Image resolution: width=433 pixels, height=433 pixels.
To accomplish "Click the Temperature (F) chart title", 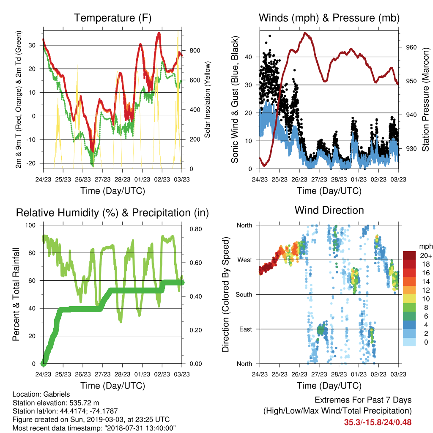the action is coord(112,18).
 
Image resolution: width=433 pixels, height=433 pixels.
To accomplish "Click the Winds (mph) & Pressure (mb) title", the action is coord(329,18).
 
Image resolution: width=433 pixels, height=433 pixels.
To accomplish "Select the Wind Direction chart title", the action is coord(329,210).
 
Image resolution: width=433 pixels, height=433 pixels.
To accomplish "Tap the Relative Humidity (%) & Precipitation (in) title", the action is coord(112,213).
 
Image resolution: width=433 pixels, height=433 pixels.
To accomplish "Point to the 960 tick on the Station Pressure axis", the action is coord(411,47).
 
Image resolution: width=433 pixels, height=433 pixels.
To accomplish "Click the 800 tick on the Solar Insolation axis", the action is coord(195,51).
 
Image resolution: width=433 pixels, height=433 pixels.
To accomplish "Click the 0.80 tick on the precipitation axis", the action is coord(196,229).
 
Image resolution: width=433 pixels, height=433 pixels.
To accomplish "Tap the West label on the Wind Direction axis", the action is coord(245,260).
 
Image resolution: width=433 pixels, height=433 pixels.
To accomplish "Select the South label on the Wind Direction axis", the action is coord(244,295).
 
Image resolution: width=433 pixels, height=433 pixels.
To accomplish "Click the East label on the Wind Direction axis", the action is coord(246,329).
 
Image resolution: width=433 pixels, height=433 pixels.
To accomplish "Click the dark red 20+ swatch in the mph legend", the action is coord(409,255).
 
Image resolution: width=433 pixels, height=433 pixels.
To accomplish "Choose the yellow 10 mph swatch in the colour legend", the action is coord(409,299).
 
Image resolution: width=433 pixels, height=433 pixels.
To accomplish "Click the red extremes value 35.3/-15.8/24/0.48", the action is coord(378,422).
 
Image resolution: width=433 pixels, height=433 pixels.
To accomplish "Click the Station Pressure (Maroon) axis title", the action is coord(425,99).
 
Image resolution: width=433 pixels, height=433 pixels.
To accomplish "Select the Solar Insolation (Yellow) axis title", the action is coord(207,99).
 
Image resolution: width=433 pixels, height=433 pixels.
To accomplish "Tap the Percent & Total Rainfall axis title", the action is coord(16,294).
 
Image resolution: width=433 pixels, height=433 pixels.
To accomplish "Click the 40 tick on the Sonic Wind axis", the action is coord(249,57).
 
